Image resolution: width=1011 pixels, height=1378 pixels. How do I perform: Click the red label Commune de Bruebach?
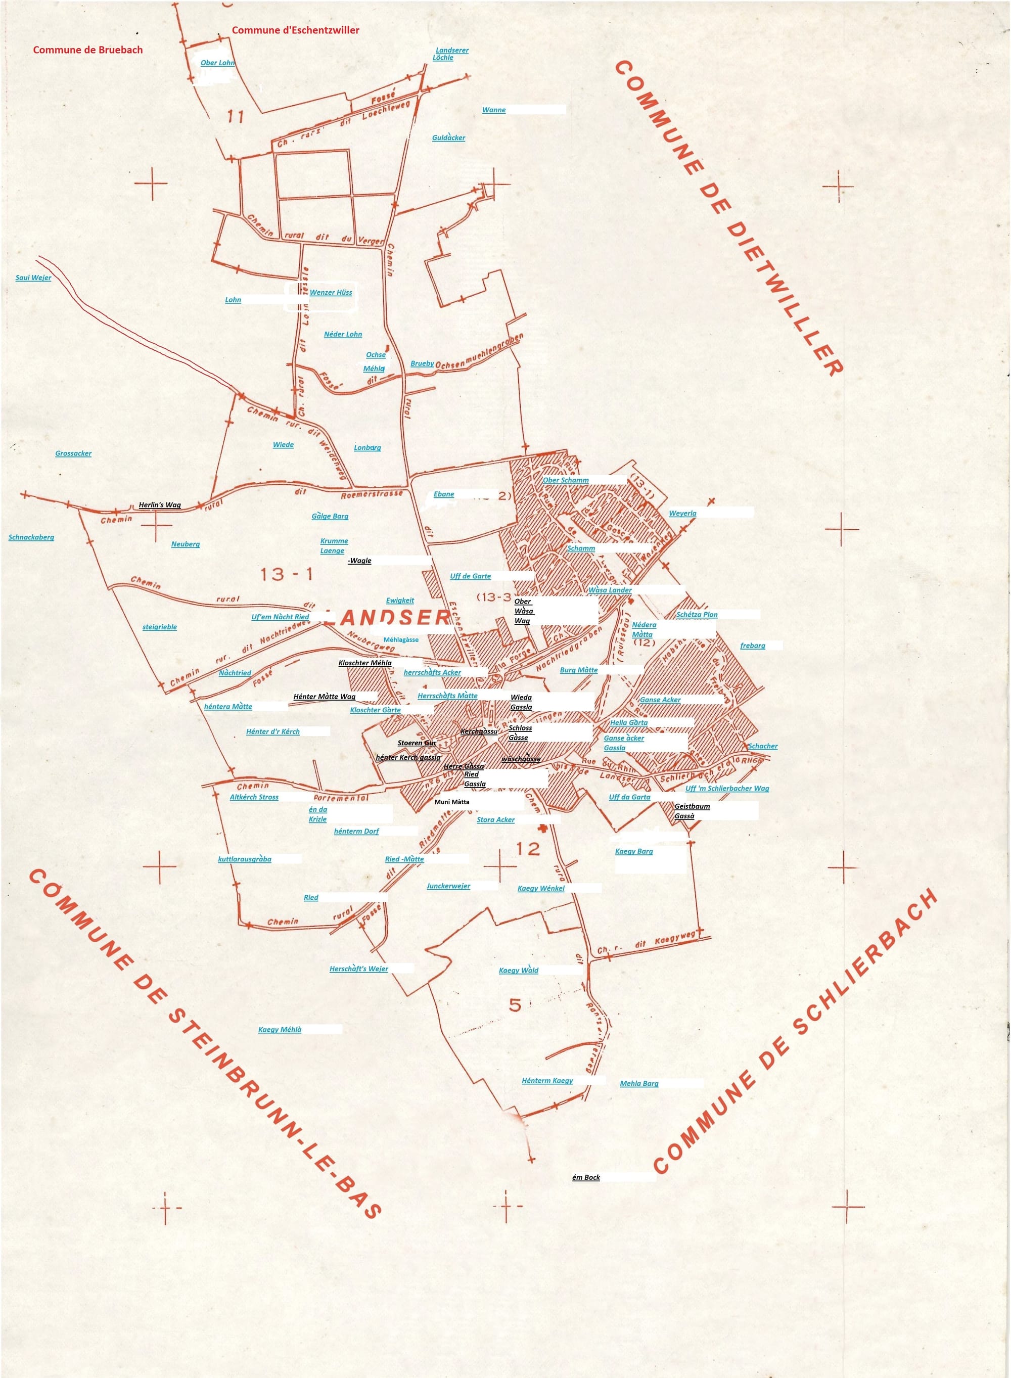pyautogui.click(x=87, y=50)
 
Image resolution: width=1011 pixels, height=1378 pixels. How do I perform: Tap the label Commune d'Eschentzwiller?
pyautogui.click(x=296, y=30)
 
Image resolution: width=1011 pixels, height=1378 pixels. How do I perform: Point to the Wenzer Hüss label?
pyautogui.click(x=331, y=293)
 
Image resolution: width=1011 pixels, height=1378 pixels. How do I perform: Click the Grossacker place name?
pyautogui.click(x=73, y=453)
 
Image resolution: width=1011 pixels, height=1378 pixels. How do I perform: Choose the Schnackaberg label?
pyautogui.click(x=31, y=537)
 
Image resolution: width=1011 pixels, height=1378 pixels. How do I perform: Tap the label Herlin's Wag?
pyautogui.click(x=160, y=505)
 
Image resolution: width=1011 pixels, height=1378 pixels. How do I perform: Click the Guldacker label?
pyautogui.click(x=448, y=137)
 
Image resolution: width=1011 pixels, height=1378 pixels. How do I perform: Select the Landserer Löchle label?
pyautogui.click(x=451, y=54)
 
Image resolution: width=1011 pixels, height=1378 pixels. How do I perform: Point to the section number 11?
pyautogui.click(x=236, y=116)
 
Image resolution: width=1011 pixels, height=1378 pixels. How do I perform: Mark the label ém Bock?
pyautogui.click(x=586, y=1177)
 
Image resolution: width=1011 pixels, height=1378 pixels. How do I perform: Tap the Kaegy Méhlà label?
pyautogui.click(x=280, y=1030)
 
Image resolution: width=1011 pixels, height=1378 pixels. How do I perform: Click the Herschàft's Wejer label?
pyautogui.click(x=358, y=969)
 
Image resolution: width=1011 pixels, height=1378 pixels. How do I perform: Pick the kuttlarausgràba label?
pyautogui.click(x=245, y=859)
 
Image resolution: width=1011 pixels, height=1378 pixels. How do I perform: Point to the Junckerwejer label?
pyautogui.click(x=448, y=886)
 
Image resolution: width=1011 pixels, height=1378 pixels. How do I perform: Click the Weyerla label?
pyautogui.click(x=682, y=514)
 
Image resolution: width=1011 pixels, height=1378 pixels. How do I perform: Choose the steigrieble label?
pyautogui.click(x=160, y=627)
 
